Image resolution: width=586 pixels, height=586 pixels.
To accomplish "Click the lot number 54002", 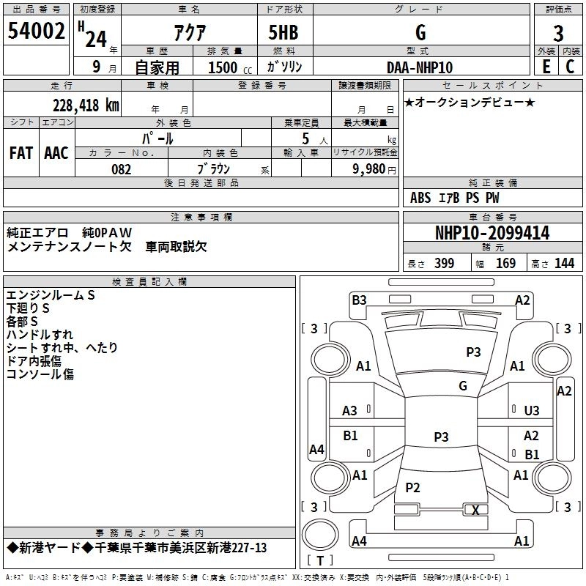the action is point(36,31).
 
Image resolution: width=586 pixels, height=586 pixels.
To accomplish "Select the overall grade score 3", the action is point(558,34).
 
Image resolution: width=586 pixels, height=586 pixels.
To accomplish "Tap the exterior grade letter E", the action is point(546,67).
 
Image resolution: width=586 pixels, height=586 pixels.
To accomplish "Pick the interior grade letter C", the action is point(570,67).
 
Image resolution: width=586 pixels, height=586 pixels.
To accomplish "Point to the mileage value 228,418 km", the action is point(86,105).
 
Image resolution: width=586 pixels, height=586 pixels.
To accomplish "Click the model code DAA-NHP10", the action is point(420,67).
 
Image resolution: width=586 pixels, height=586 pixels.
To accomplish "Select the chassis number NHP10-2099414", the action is point(492,233).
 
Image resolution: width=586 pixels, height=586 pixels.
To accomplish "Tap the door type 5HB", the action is point(283,32).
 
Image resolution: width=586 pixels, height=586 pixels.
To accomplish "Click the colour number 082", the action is point(122,169).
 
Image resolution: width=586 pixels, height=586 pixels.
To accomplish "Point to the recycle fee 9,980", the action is point(369,169).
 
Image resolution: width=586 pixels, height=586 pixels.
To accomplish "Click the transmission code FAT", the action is point(21,153).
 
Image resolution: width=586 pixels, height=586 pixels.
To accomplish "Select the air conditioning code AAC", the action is point(56,153).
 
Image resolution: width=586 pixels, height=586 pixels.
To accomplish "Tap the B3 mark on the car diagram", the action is point(359,300).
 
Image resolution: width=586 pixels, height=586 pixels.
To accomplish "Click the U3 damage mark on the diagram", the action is point(532,411).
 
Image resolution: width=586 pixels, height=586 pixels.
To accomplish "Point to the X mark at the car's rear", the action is point(475,510).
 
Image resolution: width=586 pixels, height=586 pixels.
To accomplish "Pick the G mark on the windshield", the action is point(463,386).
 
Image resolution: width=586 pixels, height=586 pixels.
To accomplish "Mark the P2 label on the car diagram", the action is point(412,487).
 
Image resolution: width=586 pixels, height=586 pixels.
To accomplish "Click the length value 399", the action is point(445,263).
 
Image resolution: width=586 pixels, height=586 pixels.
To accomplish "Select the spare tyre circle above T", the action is point(320,535).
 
